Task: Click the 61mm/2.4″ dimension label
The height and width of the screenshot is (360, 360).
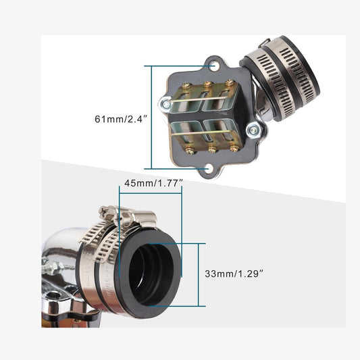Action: click(x=121, y=119)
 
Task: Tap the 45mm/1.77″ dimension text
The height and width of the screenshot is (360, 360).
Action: click(x=153, y=183)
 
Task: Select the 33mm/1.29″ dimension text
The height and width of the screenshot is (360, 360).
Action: click(x=234, y=274)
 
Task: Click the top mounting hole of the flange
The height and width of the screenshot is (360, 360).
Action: click(x=213, y=65)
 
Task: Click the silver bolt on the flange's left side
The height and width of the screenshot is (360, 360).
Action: click(x=166, y=105)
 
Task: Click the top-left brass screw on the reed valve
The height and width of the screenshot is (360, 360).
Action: click(x=187, y=86)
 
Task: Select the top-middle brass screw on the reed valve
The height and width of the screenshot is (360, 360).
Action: click(x=208, y=84)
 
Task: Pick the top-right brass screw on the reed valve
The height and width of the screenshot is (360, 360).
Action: click(x=230, y=82)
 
